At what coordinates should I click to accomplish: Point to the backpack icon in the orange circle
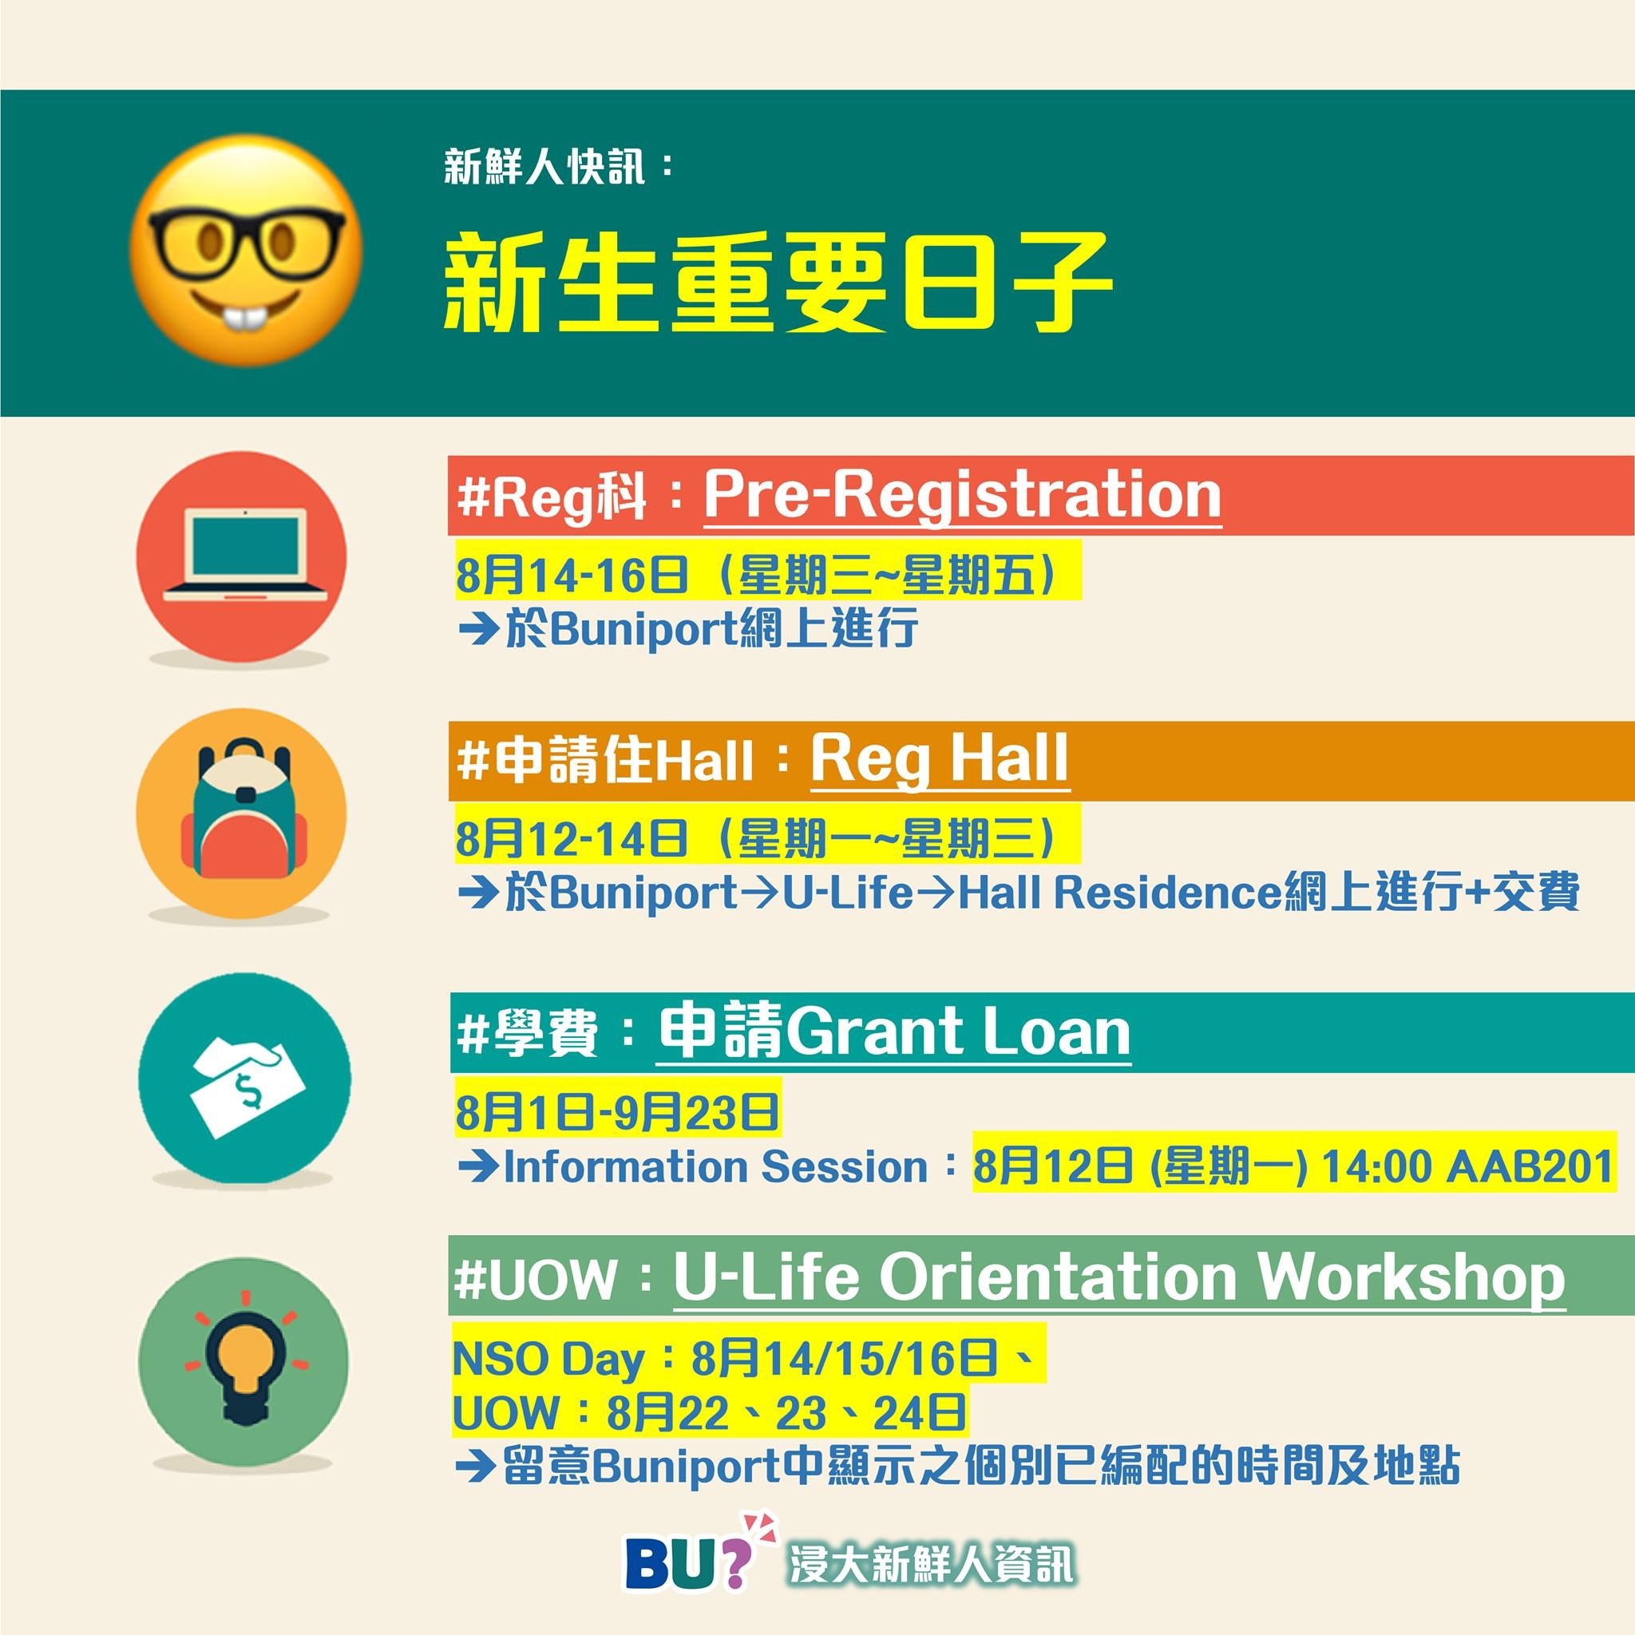point(243,807)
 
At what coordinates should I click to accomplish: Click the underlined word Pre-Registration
point(962,496)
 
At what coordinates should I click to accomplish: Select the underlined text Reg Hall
point(940,760)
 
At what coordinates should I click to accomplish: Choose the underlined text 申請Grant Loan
point(893,1031)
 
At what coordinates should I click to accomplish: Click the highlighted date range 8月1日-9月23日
point(617,1112)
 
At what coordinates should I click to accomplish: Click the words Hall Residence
point(1119,892)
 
